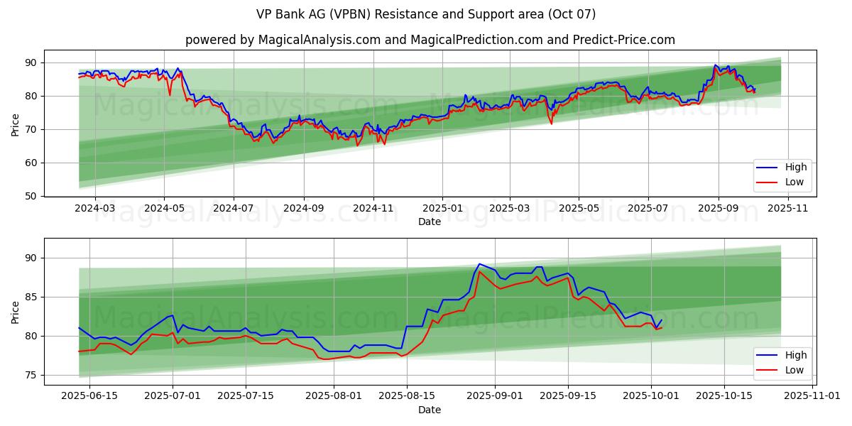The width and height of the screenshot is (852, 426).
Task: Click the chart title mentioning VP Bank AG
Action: pos(425,14)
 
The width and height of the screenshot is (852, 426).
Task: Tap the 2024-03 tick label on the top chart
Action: pos(94,209)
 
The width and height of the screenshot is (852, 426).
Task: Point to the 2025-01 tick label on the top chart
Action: pos(442,209)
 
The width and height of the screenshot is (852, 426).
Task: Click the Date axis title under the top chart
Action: pos(430,222)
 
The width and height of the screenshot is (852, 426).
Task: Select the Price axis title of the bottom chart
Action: pos(16,312)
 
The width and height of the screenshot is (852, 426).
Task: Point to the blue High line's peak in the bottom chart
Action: pos(479,264)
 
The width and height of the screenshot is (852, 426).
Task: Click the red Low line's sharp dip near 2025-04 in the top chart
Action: pos(551,124)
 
